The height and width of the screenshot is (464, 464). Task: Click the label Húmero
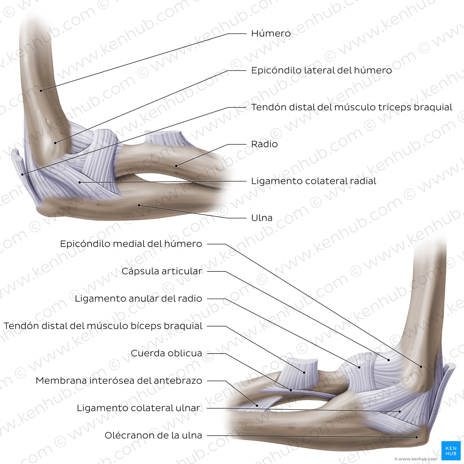tap(271, 33)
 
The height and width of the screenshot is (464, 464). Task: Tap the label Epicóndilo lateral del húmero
tap(321, 70)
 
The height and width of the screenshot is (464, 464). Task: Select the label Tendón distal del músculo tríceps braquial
tap(352, 107)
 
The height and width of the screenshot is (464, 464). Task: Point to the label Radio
tap(264, 144)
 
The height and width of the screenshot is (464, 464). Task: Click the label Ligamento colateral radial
tap(314, 181)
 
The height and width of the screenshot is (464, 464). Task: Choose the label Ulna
tap(262, 218)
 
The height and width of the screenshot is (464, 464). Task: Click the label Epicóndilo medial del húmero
tap(131, 244)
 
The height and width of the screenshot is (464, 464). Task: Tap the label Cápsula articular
tap(162, 271)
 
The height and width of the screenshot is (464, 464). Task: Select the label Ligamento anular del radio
tap(139, 299)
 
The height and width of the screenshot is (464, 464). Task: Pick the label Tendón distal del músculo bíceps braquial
tap(103, 326)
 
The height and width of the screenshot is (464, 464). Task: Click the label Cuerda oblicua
tap(166, 353)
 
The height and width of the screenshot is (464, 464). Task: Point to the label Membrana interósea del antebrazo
tap(119, 381)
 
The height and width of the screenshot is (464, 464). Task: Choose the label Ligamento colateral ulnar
tap(139, 408)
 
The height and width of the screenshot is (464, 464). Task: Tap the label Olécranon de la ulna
tap(153, 435)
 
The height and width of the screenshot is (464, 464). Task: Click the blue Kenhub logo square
tap(451, 450)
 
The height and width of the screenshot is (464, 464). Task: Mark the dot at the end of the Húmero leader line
tap(41, 90)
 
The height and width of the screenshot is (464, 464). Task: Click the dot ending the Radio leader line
tap(176, 166)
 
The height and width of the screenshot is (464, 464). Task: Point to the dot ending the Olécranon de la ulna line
tap(417, 437)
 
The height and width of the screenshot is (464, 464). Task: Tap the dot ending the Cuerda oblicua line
tap(291, 390)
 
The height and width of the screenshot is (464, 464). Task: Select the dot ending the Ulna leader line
tap(139, 205)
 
